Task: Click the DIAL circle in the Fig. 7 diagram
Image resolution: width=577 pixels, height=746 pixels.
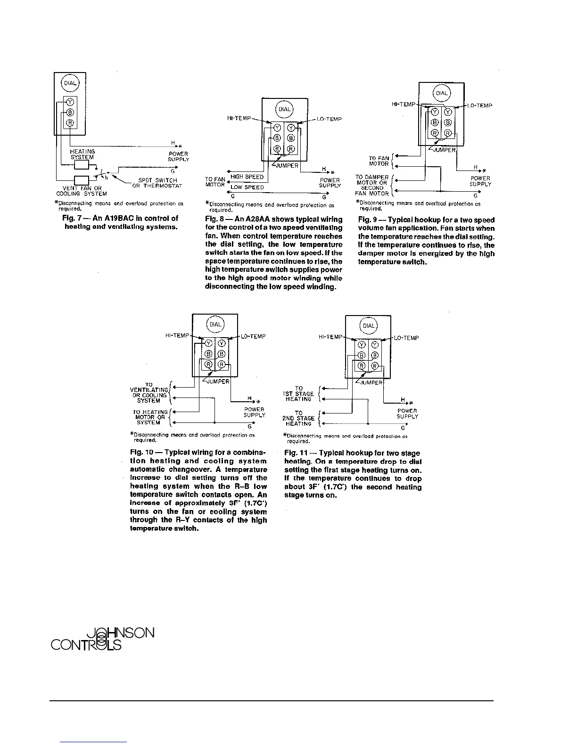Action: pyautogui.click(x=70, y=83)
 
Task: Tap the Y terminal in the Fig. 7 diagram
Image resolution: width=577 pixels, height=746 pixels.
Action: pyautogui.click(x=70, y=102)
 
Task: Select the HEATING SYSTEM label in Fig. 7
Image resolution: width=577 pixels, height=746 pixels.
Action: pyautogui.click(x=82, y=154)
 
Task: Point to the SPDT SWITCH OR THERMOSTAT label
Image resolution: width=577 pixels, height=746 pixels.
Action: pyautogui.click(x=157, y=183)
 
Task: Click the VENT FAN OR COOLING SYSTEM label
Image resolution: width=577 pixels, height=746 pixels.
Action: pyautogui.click(x=82, y=191)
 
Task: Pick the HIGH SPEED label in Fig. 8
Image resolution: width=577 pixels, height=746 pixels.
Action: pyautogui.click(x=247, y=177)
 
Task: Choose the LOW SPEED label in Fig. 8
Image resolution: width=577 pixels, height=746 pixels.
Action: pyautogui.click(x=247, y=187)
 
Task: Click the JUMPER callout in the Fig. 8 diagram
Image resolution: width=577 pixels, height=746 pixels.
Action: pyautogui.click(x=287, y=165)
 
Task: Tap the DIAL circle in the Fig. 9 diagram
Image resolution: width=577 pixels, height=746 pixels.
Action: pyautogui.click(x=442, y=93)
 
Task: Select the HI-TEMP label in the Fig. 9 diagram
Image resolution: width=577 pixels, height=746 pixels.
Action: pyautogui.click(x=404, y=105)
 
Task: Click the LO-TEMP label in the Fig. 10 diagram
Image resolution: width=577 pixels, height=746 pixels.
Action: pyautogui.click(x=253, y=336)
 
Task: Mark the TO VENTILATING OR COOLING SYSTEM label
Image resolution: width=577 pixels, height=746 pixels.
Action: pyautogui.click(x=149, y=392)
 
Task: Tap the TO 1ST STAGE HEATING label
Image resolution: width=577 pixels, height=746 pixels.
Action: pyautogui.click(x=298, y=394)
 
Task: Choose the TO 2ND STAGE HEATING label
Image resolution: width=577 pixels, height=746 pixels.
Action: pyautogui.click(x=298, y=418)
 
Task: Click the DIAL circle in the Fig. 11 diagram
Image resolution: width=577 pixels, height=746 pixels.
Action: pyautogui.click(x=368, y=326)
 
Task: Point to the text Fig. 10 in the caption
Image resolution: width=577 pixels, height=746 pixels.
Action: pyautogui.click(x=142, y=452)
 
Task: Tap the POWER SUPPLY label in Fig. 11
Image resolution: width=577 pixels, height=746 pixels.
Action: pyautogui.click(x=407, y=414)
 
